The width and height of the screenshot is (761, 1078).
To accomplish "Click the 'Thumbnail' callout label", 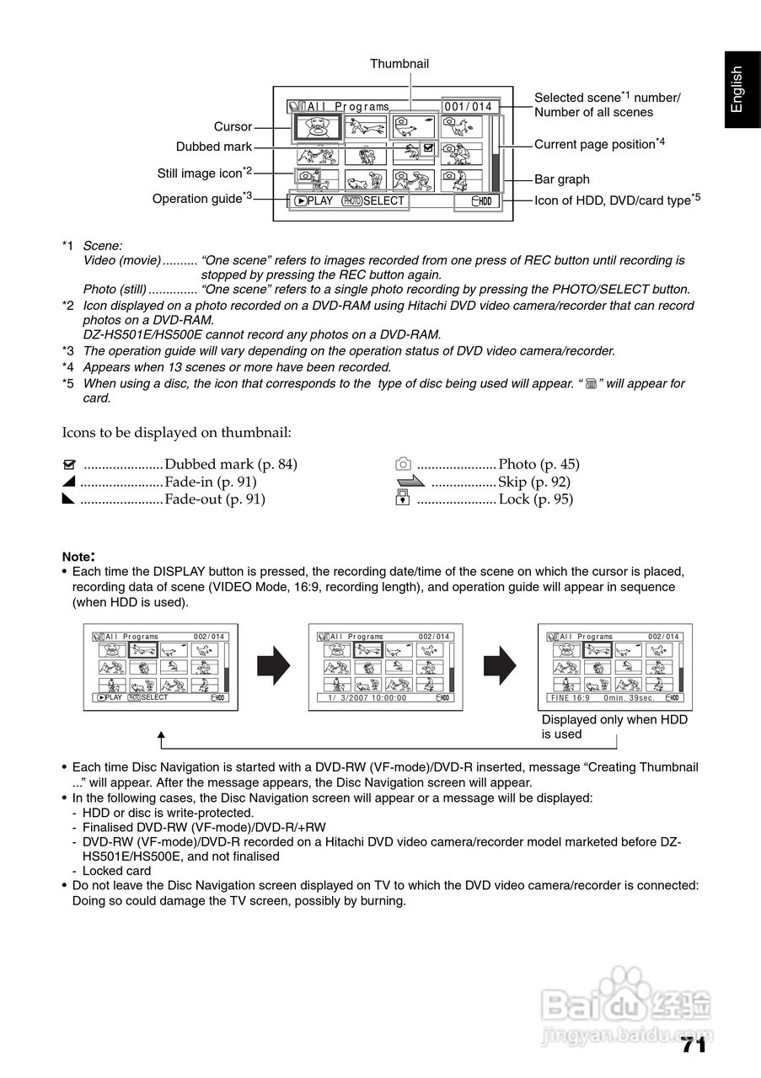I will [x=399, y=64].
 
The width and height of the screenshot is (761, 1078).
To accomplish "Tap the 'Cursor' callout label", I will [x=233, y=127].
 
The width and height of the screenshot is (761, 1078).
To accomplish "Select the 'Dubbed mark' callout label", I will [x=214, y=147].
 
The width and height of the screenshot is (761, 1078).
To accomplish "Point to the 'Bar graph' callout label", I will [x=562, y=179].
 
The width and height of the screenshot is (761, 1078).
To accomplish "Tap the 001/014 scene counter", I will [x=468, y=107].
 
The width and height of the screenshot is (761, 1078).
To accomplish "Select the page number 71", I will [x=693, y=1045].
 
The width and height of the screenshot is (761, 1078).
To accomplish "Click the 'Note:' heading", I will [x=78, y=556].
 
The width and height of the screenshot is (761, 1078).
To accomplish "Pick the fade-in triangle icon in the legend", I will [x=70, y=482].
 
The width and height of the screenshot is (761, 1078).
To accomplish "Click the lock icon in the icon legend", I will [x=403, y=499].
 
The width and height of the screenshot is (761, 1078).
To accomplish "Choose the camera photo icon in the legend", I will [x=404, y=464].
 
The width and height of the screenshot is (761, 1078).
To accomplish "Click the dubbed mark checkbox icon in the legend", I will [x=70, y=465].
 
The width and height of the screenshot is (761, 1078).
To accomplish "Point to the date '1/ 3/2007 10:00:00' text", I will [x=367, y=698].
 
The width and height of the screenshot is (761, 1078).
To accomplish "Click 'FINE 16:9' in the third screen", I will [x=571, y=698].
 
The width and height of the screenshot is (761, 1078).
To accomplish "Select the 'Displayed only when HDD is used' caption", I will [x=614, y=727].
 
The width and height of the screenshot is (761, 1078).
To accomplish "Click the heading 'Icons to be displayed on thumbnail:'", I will [x=177, y=433].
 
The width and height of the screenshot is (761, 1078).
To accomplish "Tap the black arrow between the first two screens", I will [x=274, y=666].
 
